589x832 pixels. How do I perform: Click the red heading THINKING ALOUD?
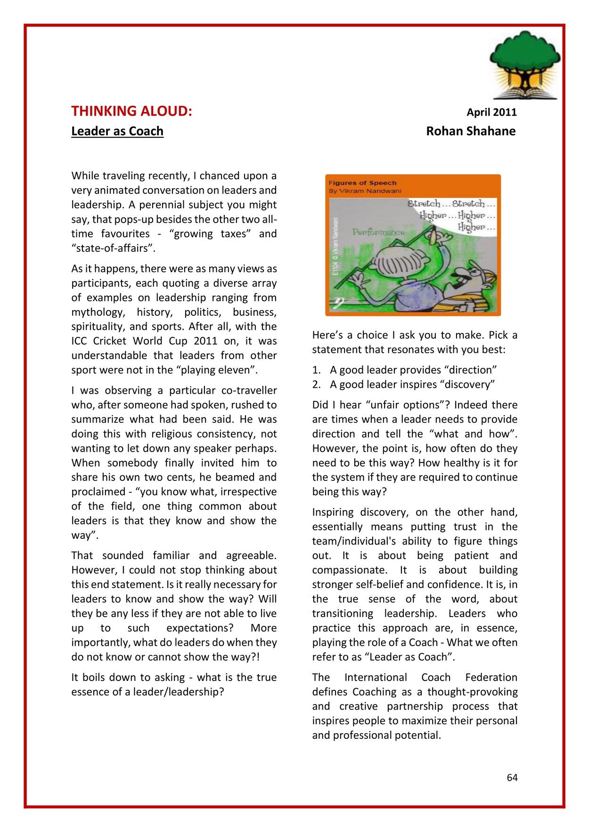coord(131,112)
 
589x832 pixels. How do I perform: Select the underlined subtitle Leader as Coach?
coord(117,131)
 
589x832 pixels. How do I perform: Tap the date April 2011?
coord(491,112)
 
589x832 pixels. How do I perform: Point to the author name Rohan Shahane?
coord(471,131)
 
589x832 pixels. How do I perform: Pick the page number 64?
coord(512,778)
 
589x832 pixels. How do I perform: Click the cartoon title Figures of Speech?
coord(362,183)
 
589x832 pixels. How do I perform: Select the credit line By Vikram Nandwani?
coord(365,191)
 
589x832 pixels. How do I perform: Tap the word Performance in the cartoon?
coord(378,232)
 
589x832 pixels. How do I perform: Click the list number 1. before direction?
coord(316,370)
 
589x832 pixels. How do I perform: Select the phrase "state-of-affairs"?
coord(113,248)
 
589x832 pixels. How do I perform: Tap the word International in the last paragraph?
coord(376,678)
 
